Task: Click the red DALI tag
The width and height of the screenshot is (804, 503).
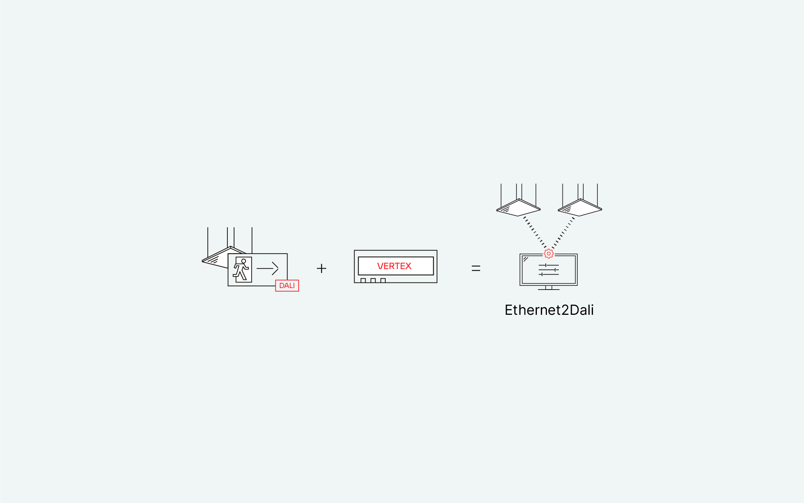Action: click(287, 285)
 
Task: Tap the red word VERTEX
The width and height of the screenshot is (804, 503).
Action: click(394, 266)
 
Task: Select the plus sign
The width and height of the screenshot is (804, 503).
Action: click(321, 268)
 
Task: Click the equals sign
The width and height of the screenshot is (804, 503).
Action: click(476, 268)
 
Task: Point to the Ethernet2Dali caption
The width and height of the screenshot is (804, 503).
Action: click(549, 310)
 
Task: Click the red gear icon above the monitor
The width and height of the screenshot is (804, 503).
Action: click(549, 254)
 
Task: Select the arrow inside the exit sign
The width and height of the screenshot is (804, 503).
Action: click(268, 268)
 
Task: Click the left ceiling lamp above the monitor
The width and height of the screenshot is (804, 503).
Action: click(519, 208)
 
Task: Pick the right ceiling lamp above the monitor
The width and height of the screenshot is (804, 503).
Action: click(580, 208)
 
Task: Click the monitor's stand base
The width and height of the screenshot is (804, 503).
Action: click(549, 289)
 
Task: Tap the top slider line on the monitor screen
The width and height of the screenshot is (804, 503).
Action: click(549, 265)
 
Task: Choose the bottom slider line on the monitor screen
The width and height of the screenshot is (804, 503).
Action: click(549, 274)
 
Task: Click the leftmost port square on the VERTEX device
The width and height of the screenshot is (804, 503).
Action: click(363, 281)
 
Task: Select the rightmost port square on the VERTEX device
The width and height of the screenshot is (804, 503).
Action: click(383, 281)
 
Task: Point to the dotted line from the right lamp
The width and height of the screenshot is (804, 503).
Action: click(563, 232)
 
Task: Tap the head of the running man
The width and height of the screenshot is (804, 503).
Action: click(244, 261)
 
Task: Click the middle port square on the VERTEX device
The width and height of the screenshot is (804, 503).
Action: click(373, 281)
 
